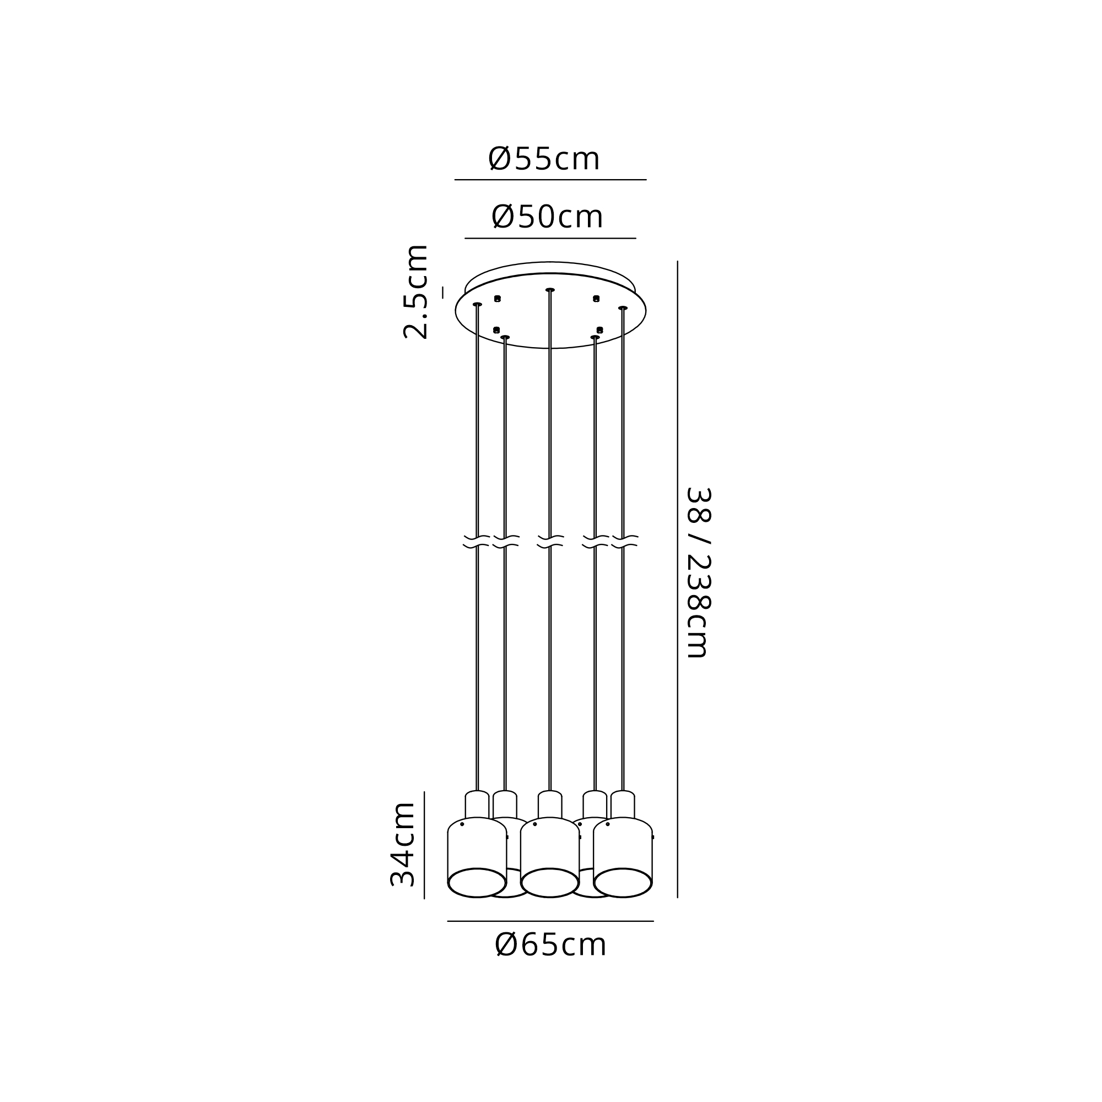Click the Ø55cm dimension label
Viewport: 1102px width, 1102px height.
point(544,159)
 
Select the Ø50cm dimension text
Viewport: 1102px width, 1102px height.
point(547,217)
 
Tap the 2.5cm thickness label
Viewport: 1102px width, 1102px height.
point(416,292)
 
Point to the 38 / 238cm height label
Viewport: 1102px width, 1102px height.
point(698,572)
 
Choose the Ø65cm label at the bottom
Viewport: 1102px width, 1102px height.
point(550,945)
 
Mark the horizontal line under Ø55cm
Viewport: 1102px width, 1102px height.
point(550,180)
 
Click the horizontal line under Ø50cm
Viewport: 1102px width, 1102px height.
point(550,239)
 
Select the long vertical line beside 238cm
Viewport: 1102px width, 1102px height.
point(678,580)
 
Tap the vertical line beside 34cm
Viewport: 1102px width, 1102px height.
point(424,845)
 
